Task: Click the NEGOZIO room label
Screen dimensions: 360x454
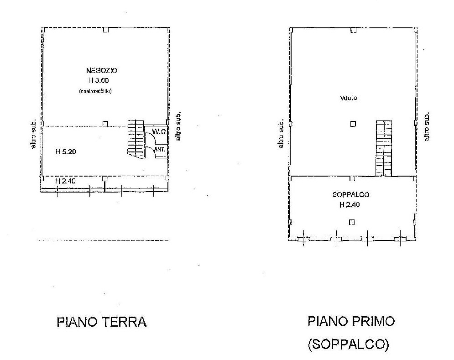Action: pos(101,71)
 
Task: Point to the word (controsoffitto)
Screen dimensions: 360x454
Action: pos(95,91)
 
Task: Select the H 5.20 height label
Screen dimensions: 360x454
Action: pos(66,152)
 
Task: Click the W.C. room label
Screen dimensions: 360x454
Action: pos(158,132)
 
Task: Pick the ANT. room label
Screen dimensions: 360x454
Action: pos(160,149)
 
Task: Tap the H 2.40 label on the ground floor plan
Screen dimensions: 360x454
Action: pos(65,181)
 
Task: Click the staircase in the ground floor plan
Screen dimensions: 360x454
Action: pos(136,139)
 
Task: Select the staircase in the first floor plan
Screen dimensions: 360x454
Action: pos(384,148)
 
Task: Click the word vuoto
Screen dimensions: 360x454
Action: pos(349,98)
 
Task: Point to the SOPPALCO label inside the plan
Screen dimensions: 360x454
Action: pos(351,195)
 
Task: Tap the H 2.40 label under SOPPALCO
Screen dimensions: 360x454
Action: pos(349,205)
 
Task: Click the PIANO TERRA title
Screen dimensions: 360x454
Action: pos(101,322)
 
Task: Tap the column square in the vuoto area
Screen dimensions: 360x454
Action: pos(353,124)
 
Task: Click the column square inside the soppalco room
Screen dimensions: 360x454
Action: pos(352,222)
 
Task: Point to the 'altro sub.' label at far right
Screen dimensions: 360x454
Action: pos(428,126)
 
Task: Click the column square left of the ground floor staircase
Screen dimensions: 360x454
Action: pos(105,123)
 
